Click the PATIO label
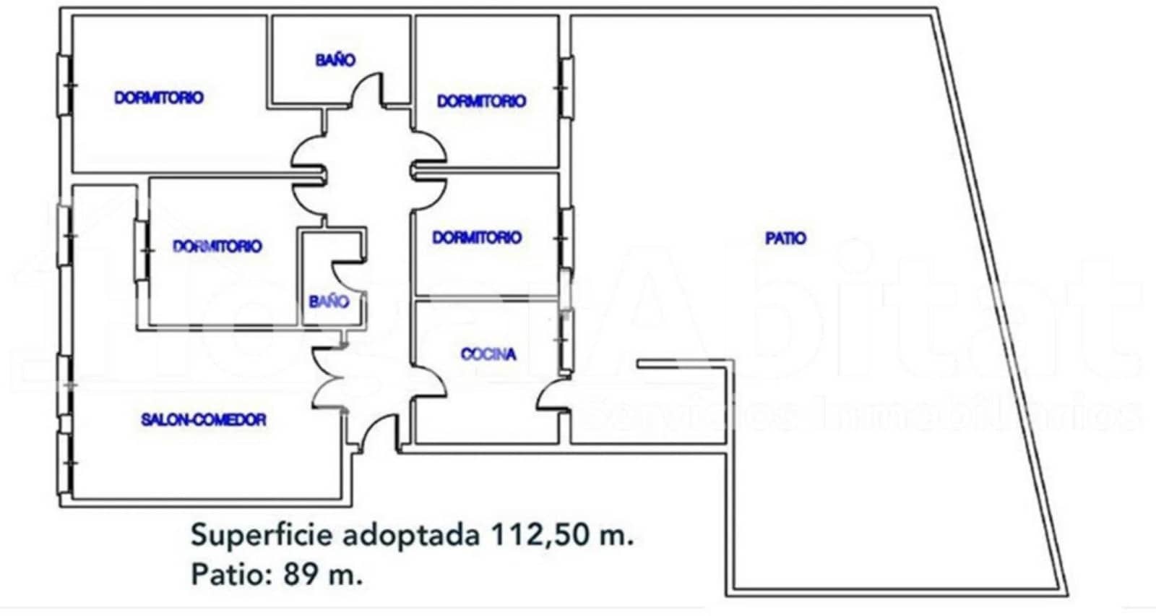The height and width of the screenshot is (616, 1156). click(x=785, y=238)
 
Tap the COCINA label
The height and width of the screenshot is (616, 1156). click(x=488, y=354)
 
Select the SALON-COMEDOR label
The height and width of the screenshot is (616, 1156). click(x=204, y=420)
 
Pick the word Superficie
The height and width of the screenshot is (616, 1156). click(x=262, y=536)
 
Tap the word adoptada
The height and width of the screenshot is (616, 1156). click(x=411, y=536)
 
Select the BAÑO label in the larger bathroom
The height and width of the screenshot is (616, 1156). click(x=335, y=60)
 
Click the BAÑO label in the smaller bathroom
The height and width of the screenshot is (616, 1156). click(x=328, y=301)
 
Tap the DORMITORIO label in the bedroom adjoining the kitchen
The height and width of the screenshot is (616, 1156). click(x=477, y=238)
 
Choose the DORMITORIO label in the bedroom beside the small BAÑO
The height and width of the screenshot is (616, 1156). click(x=217, y=247)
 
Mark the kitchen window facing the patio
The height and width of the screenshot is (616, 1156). click(x=566, y=340)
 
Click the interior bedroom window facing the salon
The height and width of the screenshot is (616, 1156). click(x=142, y=251)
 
